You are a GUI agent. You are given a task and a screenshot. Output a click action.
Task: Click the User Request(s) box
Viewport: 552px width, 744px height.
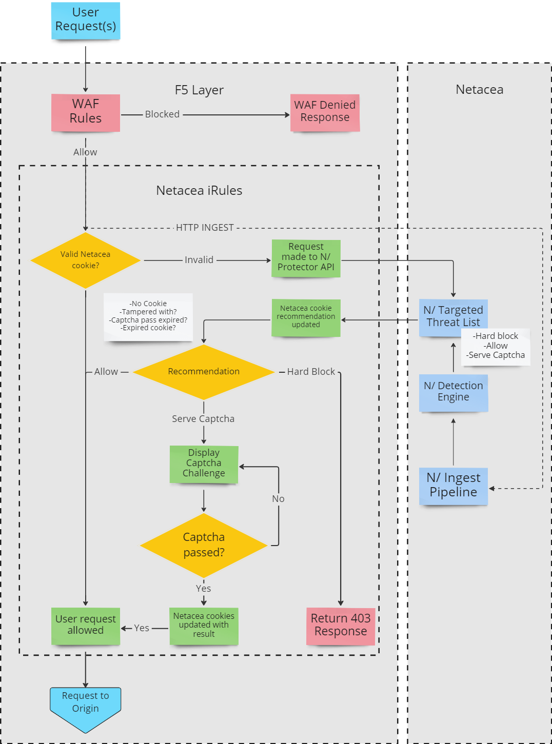click(x=86, y=21)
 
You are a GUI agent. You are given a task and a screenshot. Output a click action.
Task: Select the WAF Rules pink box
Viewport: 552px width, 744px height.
click(x=86, y=112)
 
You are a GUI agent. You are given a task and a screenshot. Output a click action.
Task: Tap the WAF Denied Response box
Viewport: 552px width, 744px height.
click(x=325, y=112)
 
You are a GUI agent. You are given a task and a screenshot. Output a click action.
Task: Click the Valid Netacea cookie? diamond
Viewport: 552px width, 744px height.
click(x=86, y=260)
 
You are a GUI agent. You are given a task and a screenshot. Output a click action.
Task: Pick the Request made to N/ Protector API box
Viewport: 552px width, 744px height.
click(x=306, y=258)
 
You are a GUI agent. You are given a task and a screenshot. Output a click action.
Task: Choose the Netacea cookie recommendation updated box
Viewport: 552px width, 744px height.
click(x=306, y=317)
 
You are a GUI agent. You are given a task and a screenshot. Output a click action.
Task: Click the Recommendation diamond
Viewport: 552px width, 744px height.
click(x=204, y=372)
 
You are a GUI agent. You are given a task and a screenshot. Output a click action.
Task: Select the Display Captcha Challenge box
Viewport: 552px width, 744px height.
click(x=204, y=464)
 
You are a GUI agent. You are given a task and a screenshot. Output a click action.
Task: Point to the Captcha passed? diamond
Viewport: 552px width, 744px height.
click(x=204, y=545)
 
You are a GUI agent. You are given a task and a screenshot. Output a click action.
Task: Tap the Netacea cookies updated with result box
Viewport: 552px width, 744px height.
click(x=204, y=626)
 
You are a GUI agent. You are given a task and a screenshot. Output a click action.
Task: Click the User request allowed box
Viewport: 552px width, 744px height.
click(x=86, y=626)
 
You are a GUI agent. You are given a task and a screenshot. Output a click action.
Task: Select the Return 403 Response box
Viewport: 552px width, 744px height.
click(x=341, y=626)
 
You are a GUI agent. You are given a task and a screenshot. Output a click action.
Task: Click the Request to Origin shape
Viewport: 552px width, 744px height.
click(x=86, y=706)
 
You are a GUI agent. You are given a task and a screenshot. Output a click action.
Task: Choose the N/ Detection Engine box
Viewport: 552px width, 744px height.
click(x=454, y=392)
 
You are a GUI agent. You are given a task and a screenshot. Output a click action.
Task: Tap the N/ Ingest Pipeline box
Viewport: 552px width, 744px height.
click(x=454, y=486)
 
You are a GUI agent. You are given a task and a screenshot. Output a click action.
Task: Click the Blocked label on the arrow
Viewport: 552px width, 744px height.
click(x=162, y=114)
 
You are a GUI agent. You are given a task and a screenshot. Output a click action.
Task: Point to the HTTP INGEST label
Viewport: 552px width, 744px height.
click(x=205, y=228)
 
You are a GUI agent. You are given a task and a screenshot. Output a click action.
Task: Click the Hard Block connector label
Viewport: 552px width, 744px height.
click(x=311, y=372)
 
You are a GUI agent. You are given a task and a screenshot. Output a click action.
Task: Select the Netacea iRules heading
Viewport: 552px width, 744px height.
click(x=199, y=191)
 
